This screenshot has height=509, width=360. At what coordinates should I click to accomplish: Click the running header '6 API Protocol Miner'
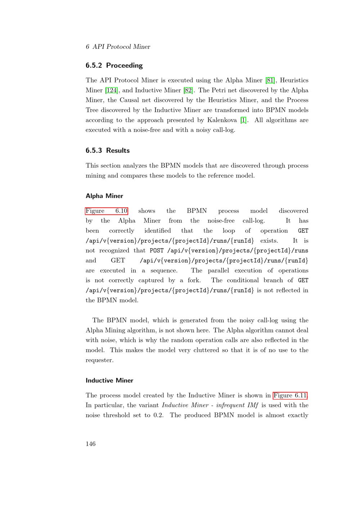click(118, 47)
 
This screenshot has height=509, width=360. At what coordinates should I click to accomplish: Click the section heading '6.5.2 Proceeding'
click(114, 66)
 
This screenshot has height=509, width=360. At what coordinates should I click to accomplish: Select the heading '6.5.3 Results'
click(108, 150)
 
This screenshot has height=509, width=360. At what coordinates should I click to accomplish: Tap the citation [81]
click(270, 80)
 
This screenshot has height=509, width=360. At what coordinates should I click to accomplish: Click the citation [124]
click(111, 90)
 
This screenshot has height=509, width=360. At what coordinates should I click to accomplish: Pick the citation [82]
click(188, 90)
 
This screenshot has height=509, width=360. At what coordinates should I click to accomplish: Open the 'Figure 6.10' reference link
click(107, 211)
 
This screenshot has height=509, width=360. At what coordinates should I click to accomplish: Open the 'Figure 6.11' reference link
click(290, 395)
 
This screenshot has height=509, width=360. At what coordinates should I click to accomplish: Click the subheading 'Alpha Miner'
click(104, 196)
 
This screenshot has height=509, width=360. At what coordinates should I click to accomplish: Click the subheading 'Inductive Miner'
click(109, 380)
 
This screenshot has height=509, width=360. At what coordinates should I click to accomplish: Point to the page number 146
click(91, 444)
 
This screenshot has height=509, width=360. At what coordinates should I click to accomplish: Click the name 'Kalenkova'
click(222, 120)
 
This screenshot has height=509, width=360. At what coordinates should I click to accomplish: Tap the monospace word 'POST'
click(157, 251)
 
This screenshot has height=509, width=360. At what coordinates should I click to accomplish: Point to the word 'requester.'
click(99, 360)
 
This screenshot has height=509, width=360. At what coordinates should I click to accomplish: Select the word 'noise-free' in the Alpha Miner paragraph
click(221, 221)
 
